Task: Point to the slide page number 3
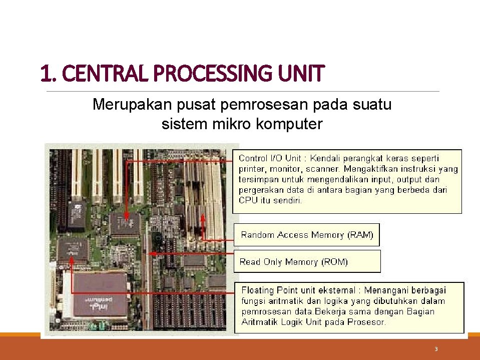click(436, 349)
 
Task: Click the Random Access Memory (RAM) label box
click(307, 235)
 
